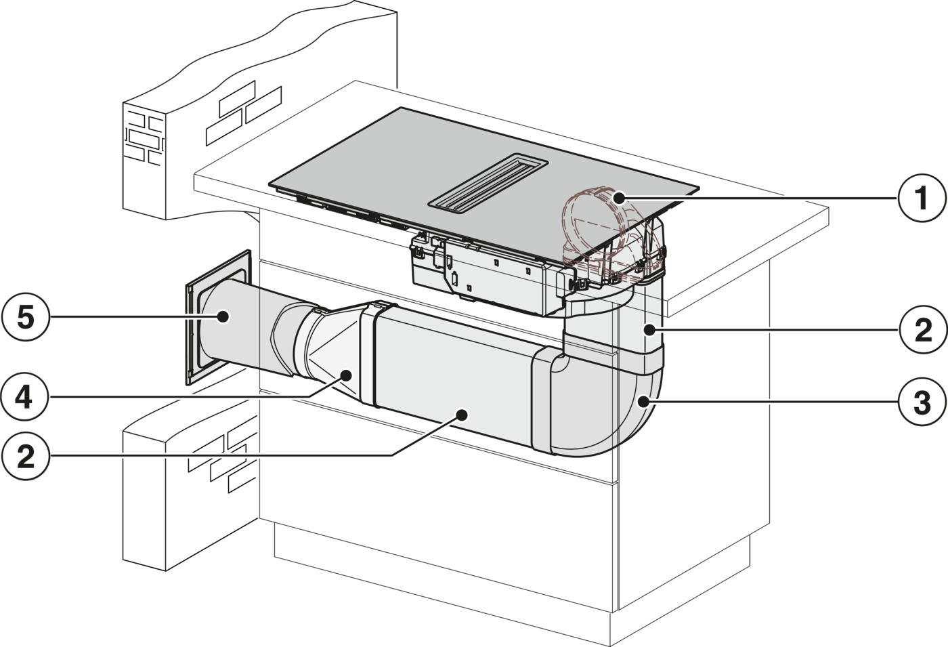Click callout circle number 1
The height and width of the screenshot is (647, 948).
pyautogui.click(x=921, y=198)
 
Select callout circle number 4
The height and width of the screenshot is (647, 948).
pyautogui.click(x=24, y=397)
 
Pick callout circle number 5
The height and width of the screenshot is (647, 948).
pyautogui.click(x=26, y=317)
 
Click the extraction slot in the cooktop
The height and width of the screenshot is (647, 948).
pyautogui.click(x=488, y=185)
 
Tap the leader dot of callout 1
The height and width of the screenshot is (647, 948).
pyautogui.click(x=619, y=198)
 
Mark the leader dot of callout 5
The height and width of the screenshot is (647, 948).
pyautogui.click(x=222, y=316)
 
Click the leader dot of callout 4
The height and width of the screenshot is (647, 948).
pyautogui.click(x=347, y=375)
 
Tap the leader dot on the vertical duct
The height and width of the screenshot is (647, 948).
pyautogui.click(x=649, y=329)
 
